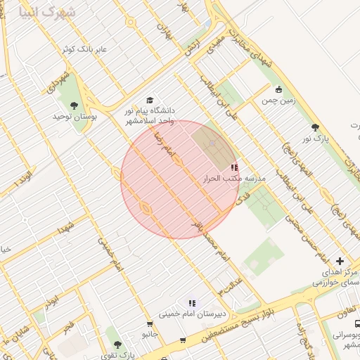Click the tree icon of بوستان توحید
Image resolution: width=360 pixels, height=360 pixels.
pos(74,106)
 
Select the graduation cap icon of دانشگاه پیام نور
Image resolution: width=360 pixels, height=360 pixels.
pos(148,101)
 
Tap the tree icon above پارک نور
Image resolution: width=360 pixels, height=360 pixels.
pos(315,127)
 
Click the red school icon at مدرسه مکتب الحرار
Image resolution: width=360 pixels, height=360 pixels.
pos(234,167)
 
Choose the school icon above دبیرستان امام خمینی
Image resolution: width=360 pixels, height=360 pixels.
pos(191,303)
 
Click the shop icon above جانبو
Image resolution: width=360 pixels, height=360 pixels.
pos(146,323)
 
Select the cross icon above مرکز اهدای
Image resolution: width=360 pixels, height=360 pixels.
pos(340,261)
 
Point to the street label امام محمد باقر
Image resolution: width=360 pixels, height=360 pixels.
pos(211,240)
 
